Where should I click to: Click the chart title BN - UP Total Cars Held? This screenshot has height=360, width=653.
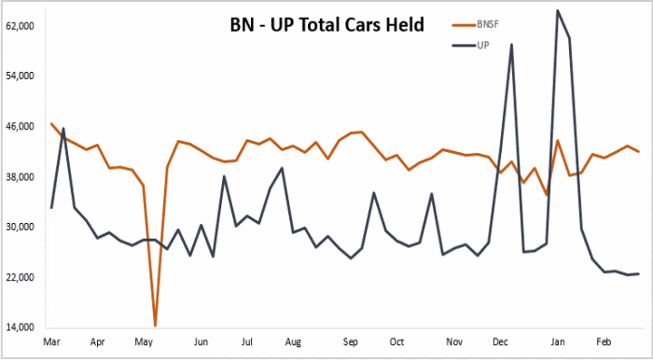pos(326,24)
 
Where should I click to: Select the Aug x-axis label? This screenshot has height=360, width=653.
pos(292,342)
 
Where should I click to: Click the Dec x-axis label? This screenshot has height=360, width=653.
pos(500,342)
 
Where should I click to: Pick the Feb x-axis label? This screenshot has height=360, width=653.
pos(604,342)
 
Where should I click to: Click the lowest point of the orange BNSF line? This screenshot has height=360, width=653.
pos(155,325)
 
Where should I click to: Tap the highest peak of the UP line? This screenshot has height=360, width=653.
pos(558,11)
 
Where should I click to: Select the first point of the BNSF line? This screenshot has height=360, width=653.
pos(52,124)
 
